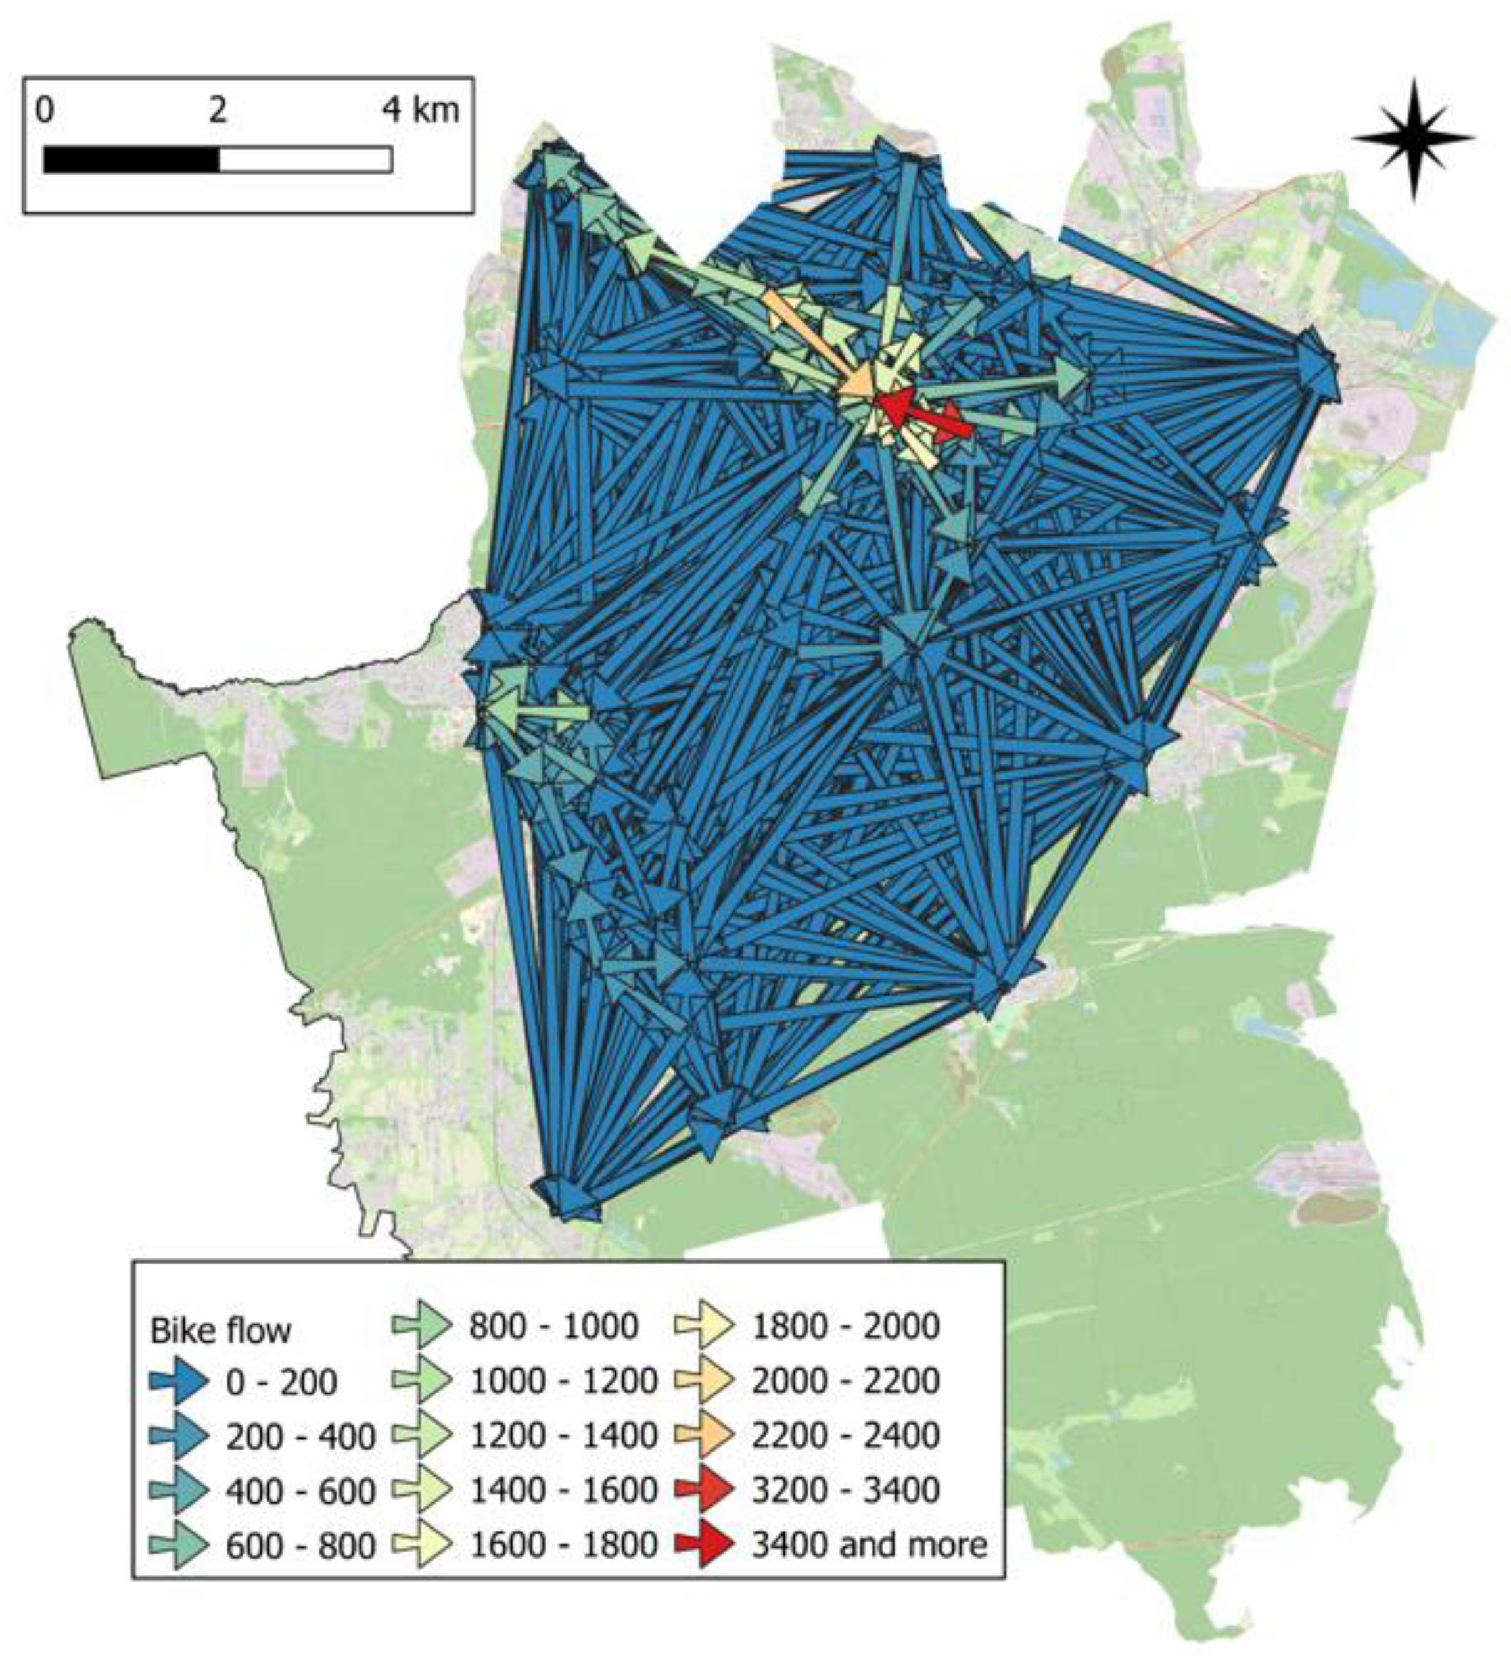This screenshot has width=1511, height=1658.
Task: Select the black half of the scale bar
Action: pos(131,160)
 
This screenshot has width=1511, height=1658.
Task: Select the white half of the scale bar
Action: pos(305,160)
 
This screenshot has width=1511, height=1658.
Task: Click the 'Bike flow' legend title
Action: pos(220,1331)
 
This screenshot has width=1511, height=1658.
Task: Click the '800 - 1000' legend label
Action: pos(553,1325)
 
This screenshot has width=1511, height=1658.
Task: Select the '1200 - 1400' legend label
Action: pos(563,1435)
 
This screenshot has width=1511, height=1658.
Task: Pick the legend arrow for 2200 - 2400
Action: pos(705,1435)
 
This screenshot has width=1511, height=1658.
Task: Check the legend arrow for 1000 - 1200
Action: pos(422,1381)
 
